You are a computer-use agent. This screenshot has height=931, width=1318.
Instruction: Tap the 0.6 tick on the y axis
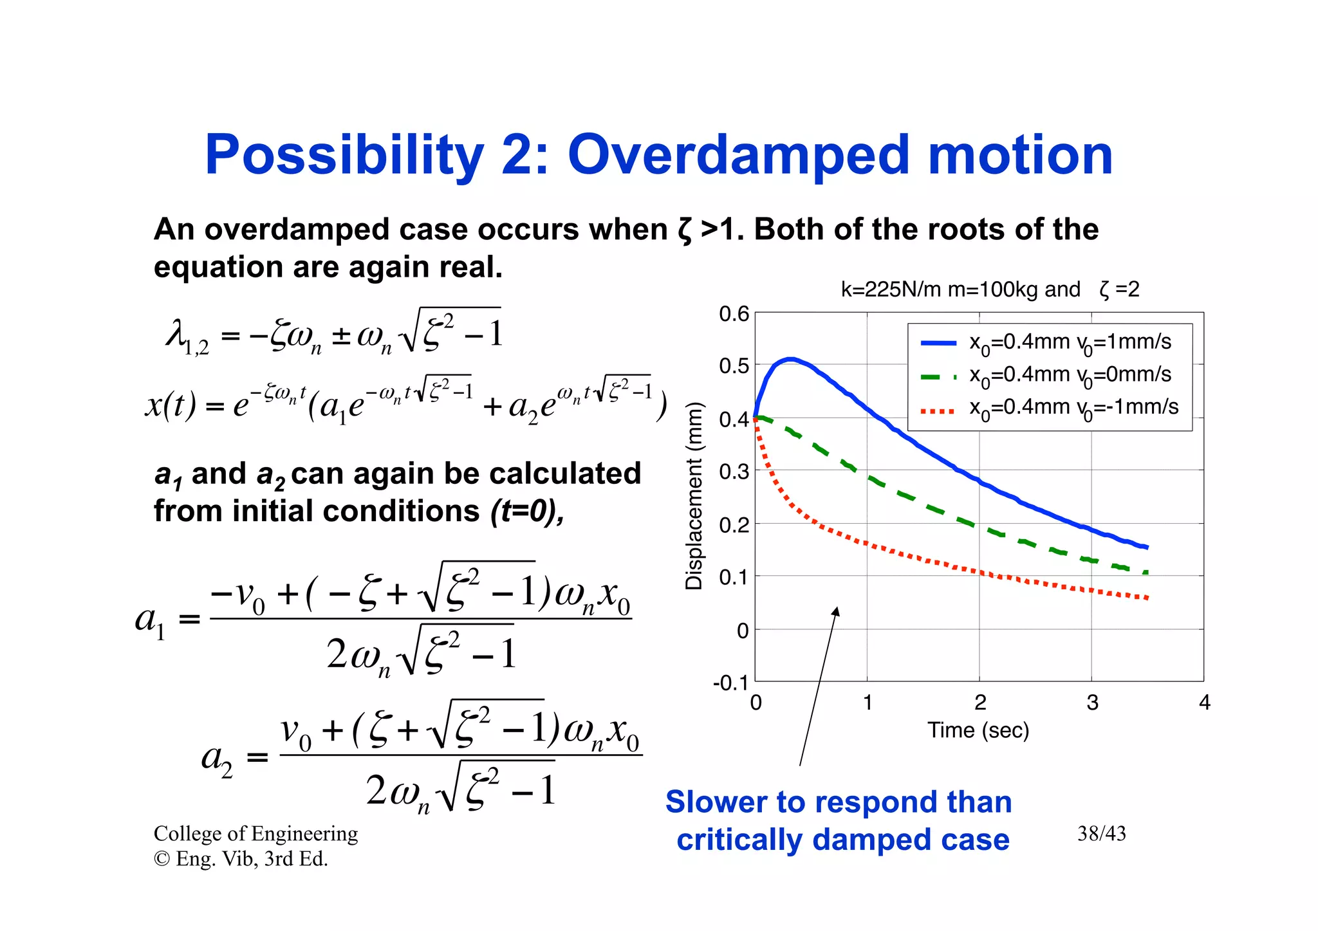pos(734,314)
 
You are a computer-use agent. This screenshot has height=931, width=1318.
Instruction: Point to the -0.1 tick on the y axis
pos(730,683)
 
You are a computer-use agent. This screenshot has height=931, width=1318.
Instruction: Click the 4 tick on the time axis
pos(1205,703)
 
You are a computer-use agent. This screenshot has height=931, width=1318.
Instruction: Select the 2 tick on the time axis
pos(979,703)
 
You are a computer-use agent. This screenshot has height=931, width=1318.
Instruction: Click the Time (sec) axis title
pos(978,731)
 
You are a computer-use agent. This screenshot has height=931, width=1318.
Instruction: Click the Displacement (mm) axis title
pos(694,495)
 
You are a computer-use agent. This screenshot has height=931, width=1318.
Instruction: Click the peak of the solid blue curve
pos(790,359)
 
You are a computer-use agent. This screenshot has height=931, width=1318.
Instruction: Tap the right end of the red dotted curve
pos(1147,598)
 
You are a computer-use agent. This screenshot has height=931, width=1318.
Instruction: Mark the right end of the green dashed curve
pos(1146,571)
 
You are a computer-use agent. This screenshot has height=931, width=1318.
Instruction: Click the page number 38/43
pos(1102,834)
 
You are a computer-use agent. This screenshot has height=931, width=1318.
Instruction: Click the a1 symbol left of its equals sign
pos(151,621)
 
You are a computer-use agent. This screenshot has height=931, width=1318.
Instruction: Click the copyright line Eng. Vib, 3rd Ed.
pos(241,859)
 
